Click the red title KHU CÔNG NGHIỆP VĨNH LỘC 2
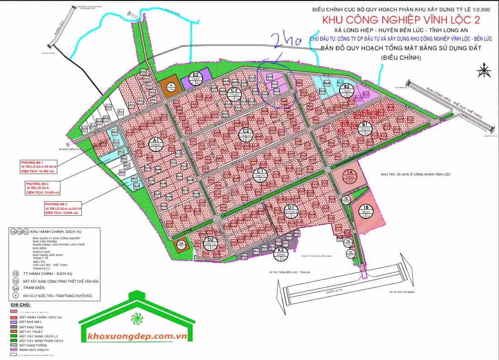pyautogui.click(x=394, y=20)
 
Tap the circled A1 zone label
pyautogui.click(x=155, y=144)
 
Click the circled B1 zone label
pyautogui.click(x=365, y=127)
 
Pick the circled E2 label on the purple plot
pyautogui.click(x=196, y=77)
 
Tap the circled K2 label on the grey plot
pyautogui.click(x=281, y=252)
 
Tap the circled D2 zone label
pyautogui.click(x=210, y=241)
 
